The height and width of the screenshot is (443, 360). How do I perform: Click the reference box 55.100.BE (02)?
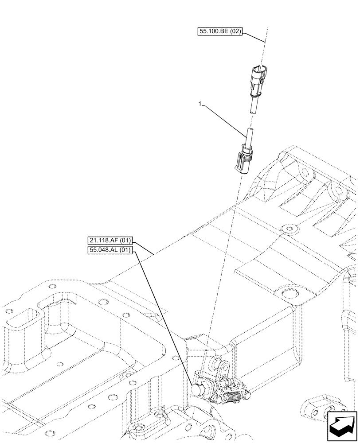220,32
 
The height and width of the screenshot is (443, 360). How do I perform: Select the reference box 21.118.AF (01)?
110,241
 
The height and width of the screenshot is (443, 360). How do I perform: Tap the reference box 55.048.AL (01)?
110,250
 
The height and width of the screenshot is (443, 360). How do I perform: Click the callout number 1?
200,104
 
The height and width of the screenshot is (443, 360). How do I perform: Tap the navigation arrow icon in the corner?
342,426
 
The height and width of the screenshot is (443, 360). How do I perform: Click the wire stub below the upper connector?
254,107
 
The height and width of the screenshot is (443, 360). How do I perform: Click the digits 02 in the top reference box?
235,32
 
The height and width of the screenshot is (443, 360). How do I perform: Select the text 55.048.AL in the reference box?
104,250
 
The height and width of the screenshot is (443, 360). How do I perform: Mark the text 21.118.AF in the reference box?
104,241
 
